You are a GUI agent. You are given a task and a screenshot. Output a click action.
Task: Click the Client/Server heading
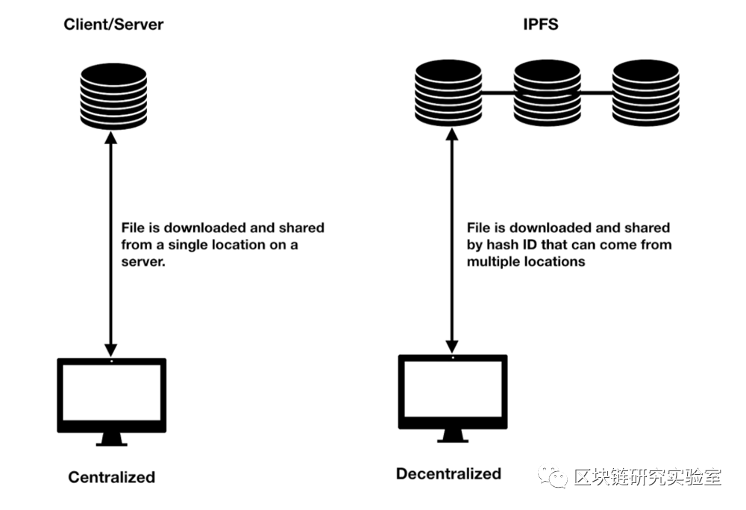113,24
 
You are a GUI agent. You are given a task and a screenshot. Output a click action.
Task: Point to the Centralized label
112,477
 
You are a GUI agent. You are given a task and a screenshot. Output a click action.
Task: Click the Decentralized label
448,473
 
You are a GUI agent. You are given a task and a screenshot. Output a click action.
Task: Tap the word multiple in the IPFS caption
493,262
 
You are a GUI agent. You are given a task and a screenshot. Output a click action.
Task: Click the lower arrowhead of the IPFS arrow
451,347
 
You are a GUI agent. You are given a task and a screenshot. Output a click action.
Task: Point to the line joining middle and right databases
596,93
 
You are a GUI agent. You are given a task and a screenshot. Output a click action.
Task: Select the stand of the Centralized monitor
111,438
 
